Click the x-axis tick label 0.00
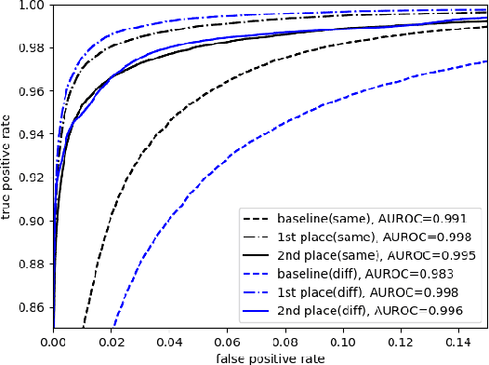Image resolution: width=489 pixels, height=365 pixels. click(54, 342)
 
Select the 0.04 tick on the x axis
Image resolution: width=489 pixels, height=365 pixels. click(170, 342)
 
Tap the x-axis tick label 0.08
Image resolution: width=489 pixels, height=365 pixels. click(285, 342)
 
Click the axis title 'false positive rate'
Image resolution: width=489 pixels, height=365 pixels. click(271, 357)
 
